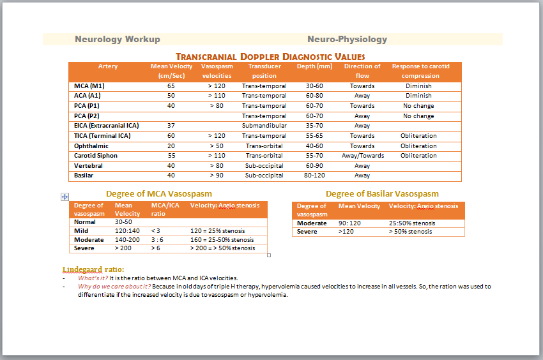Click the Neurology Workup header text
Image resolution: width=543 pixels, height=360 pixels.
point(118,40)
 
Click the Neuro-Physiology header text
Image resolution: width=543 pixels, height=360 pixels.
point(347,40)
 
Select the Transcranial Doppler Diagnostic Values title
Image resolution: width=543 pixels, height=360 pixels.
point(270,57)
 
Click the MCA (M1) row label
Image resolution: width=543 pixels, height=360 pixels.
point(89,86)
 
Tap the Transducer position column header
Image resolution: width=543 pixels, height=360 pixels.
point(264,71)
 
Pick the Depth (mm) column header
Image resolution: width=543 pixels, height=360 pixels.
point(314,66)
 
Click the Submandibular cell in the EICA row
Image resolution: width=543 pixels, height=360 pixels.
point(264,126)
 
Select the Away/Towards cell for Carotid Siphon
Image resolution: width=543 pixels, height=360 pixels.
point(362,156)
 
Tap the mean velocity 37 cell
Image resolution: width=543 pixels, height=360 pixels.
point(171,126)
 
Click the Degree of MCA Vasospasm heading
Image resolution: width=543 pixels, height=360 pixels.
point(159,194)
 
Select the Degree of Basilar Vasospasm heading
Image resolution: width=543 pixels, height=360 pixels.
point(382,194)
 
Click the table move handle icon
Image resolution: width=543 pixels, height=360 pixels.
point(65,197)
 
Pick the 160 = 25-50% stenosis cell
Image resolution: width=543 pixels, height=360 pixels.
point(222,240)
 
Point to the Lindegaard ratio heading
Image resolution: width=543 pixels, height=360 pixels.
point(93,269)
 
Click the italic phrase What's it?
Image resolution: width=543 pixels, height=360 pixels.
point(93,278)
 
